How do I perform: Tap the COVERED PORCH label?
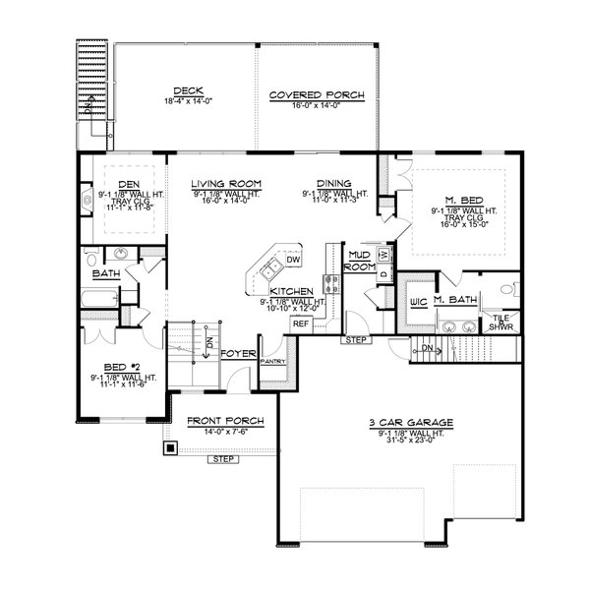(x=317, y=95)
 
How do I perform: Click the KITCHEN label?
(x=292, y=292)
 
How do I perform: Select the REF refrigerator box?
(x=301, y=323)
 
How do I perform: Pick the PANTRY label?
(x=272, y=362)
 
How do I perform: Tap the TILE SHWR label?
(x=501, y=322)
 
